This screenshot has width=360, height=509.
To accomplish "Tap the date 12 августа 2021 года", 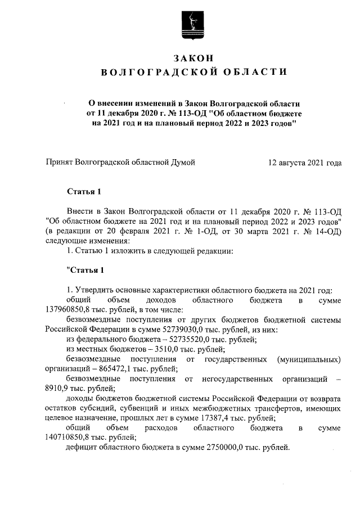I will point(305,163).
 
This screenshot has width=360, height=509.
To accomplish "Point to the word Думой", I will point(183,163).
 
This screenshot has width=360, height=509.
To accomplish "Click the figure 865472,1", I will point(112,369).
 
